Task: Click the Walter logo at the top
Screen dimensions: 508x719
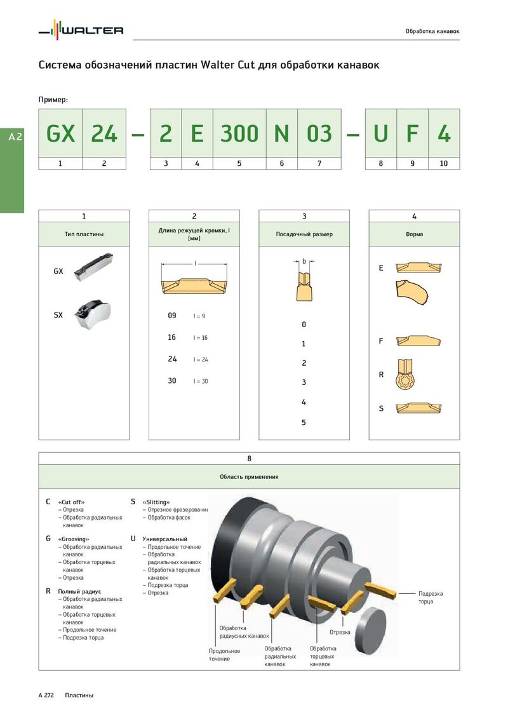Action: point(81,30)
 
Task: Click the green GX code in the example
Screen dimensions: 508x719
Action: point(60,133)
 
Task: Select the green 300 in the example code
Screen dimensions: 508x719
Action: point(239,133)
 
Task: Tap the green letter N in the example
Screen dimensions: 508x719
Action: point(281,133)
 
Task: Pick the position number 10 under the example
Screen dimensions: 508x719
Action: point(443,163)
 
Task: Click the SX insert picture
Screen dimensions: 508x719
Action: point(93,314)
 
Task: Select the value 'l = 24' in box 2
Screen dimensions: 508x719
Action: point(201,359)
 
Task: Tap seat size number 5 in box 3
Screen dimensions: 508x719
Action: point(304,422)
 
